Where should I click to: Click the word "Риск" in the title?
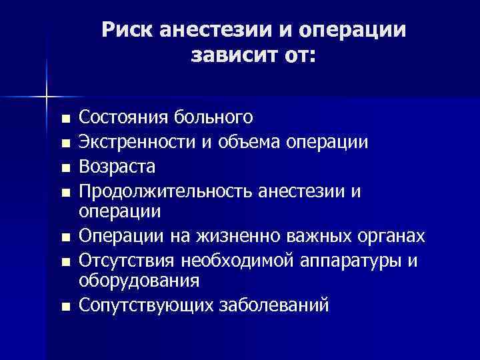(127, 30)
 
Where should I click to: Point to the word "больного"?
(215, 118)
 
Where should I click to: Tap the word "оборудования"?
(139, 280)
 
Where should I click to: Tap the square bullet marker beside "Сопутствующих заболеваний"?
(64, 307)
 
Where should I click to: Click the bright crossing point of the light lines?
(47, 96)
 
